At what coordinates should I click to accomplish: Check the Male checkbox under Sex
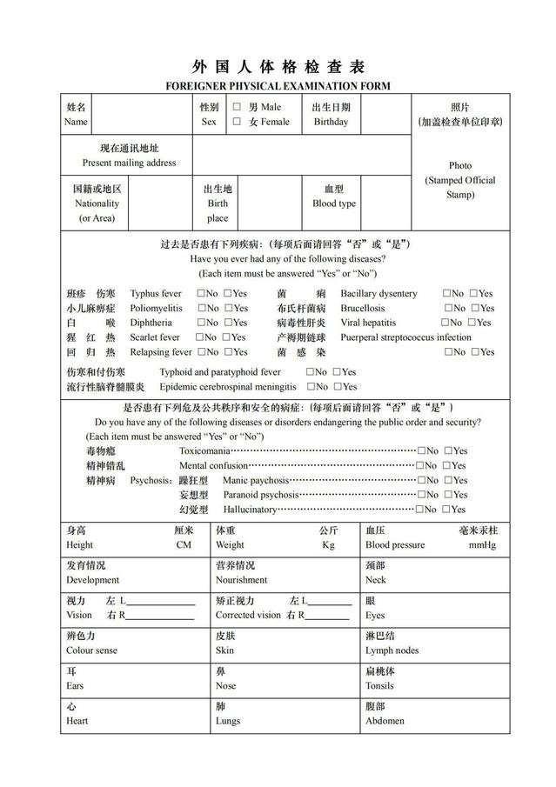pyautogui.click(x=237, y=107)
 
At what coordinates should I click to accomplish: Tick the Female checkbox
pyautogui.click(x=237, y=122)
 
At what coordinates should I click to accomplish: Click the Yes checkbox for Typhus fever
pyautogui.click(x=229, y=294)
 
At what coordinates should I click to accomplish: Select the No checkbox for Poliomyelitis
pyautogui.click(x=202, y=308)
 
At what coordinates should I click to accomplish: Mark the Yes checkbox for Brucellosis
pyautogui.click(x=476, y=308)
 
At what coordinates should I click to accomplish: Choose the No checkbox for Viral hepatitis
pyautogui.click(x=446, y=323)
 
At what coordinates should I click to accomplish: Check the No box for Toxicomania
pyautogui.click(x=421, y=450)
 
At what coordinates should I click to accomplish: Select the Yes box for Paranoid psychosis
pyautogui.click(x=449, y=495)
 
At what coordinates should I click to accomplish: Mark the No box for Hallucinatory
pyautogui.click(x=421, y=510)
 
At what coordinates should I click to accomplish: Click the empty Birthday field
pyautogui.click(x=385, y=114)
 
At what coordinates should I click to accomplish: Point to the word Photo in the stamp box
pyautogui.click(x=460, y=165)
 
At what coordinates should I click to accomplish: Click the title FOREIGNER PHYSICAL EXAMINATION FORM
pyautogui.click(x=278, y=86)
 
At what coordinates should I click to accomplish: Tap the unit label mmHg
pyautogui.click(x=482, y=545)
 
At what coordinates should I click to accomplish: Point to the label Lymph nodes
pyautogui.click(x=392, y=650)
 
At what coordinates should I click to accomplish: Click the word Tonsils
pyautogui.click(x=379, y=686)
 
